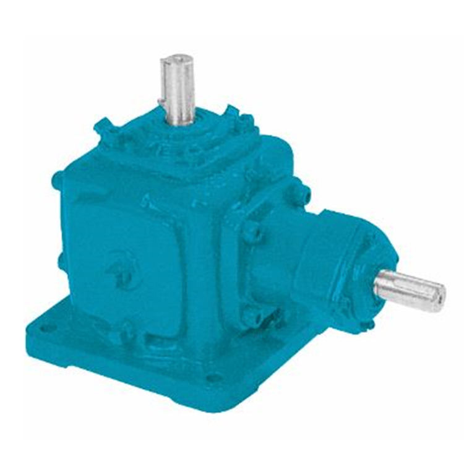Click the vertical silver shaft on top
pyautogui.click(x=178, y=87)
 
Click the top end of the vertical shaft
pyautogui.click(x=177, y=60)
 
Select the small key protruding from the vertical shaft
pyautogui.click(x=162, y=99)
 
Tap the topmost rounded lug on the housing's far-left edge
pyautogui.click(x=58, y=179)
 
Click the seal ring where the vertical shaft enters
pyautogui.click(x=180, y=122)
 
